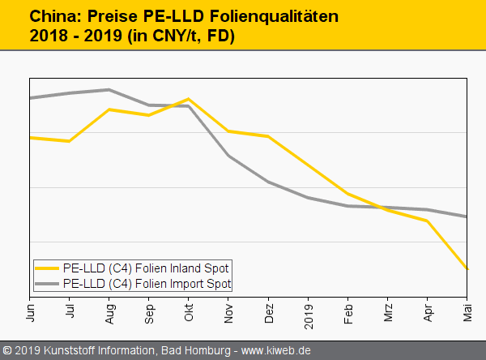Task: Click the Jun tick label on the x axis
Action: pos(31,310)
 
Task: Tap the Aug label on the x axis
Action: pos(110,310)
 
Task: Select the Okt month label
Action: pos(189,310)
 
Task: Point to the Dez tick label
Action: pos(268,310)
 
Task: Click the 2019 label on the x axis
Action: pos(308,312)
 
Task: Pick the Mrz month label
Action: pos(387,310)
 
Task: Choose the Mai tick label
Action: pos(467,310)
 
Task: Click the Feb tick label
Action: pos(347,310)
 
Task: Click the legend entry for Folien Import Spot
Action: pos(147,284)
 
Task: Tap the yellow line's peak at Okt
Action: pos(189,99)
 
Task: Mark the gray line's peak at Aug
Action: pos(109,89)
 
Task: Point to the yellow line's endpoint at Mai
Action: pos(467,268)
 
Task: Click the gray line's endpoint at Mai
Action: pos(467,216)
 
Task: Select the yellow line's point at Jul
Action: pos(70,141)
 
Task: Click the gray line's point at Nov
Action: pos(228,156)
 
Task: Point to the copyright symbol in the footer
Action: pos(7,350)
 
